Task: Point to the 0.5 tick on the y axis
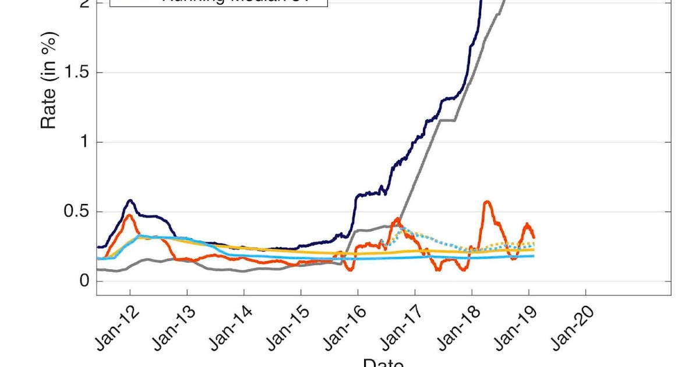pos(76,212)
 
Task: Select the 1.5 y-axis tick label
pos(76,73)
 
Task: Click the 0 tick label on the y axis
pos(84,281)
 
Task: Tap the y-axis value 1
pos(84,142)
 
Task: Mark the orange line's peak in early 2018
pos(487,202)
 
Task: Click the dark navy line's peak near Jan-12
pos(130,200)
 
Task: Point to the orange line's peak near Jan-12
pos(129,215)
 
